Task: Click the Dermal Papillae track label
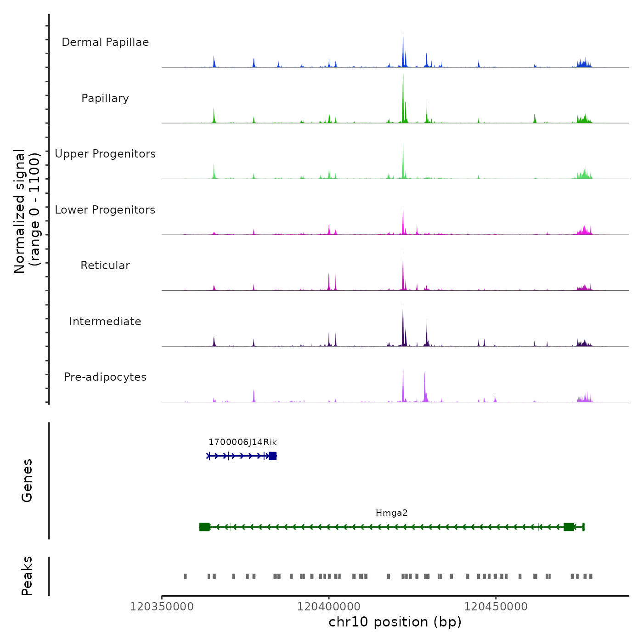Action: coord(105,42)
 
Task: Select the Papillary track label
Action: coord(105,98)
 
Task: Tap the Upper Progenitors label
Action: coord(105,154)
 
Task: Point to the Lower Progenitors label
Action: coord(105,210)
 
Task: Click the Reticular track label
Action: coord(105,265)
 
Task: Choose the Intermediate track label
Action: coord(105,321)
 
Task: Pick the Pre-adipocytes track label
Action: coord(105,377)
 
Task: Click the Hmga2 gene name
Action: coord(391,513)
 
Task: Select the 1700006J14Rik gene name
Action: coord(243,442)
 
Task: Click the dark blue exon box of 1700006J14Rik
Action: coord(273,456)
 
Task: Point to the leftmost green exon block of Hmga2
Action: coord(204,527)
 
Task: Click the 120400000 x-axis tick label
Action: coord(329,606)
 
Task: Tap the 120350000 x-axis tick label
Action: coord(162,606)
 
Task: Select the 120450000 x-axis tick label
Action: coord(496,606)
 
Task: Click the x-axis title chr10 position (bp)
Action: coord(395,622)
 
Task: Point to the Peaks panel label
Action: coord(27,576)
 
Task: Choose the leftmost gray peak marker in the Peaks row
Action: coord(186,576)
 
